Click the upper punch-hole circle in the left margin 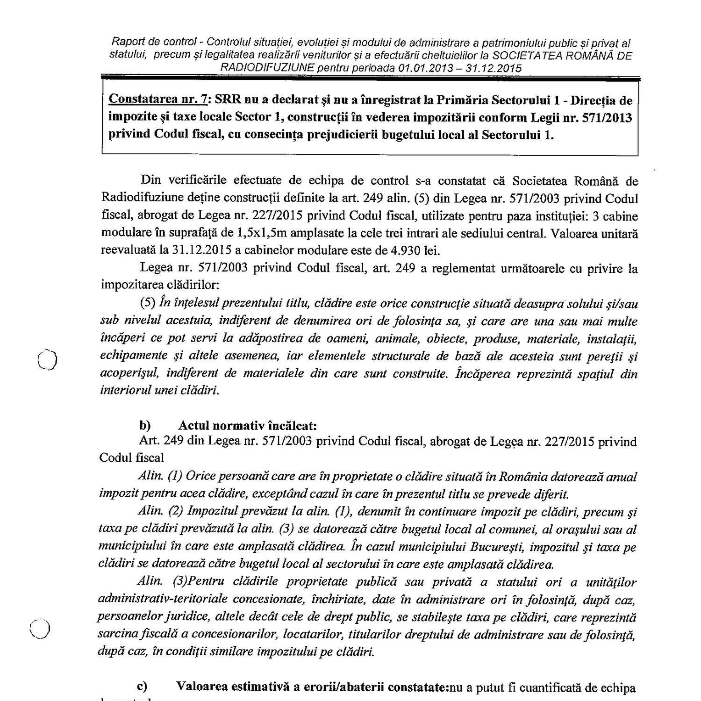[47, 359]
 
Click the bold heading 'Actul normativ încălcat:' [248, 426]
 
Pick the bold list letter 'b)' [145, 426]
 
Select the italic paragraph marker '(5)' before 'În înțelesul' [148, 303]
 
